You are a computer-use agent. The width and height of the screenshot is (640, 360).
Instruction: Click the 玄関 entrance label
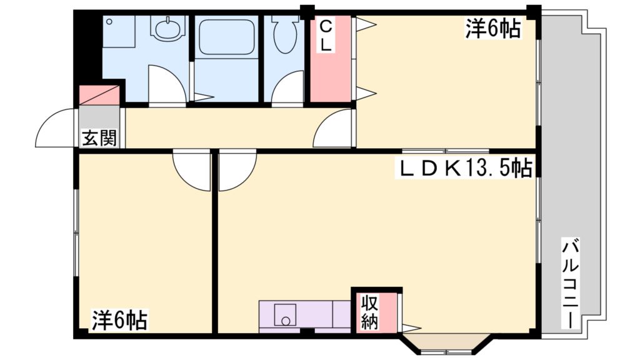tap(99, 138)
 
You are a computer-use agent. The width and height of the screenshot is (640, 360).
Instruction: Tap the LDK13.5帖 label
tap(466, 167)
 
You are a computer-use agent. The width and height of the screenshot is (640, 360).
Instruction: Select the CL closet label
tap(326, 36)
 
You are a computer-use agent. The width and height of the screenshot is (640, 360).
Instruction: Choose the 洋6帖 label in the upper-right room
tap(492, 29)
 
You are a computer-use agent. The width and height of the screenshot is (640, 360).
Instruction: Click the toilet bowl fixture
tap(285, 39)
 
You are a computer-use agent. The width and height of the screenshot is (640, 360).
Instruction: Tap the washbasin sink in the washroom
tap(167, 29)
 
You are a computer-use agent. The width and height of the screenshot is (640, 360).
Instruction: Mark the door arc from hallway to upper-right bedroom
tap(334, 129)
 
